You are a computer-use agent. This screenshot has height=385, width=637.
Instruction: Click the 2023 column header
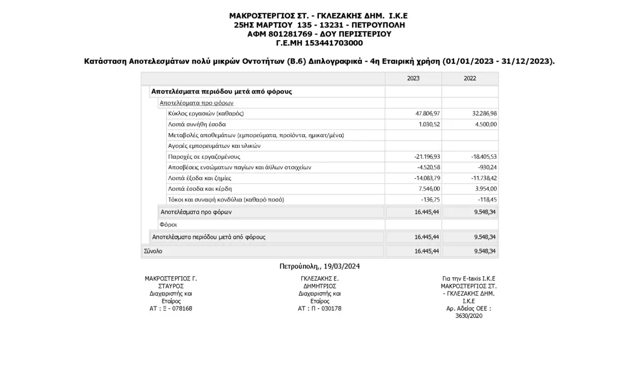point(413,78)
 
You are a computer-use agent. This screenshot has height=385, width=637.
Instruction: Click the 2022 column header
point(470,78)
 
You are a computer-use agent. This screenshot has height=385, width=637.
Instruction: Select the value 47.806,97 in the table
point(427,113)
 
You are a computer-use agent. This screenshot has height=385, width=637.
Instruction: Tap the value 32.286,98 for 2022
point(484,113)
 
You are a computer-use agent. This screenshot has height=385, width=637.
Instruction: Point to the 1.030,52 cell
point(429,124)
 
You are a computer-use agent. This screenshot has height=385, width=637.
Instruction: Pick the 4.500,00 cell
point(486,124)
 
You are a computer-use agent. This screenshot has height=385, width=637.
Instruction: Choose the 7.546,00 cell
point(429,189)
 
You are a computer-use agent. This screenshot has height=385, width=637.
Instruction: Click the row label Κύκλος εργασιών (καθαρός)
point(206,113)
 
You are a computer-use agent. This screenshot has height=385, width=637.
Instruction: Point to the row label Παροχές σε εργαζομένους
point(204,157)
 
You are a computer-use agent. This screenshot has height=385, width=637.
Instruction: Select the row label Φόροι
point(168,224)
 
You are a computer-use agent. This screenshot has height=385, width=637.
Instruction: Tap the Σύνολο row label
point(153,251)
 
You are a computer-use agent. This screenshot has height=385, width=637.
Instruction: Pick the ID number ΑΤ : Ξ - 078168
point(171,308)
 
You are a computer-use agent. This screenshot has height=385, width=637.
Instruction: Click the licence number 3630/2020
point(469,316)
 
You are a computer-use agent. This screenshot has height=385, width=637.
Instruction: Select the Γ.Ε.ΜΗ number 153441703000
point(333,43)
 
